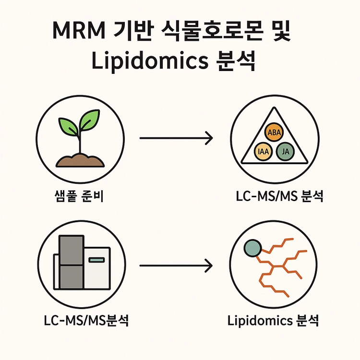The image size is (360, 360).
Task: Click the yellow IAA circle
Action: [x=264, y=152]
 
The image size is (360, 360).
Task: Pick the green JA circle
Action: [x=286, y=152]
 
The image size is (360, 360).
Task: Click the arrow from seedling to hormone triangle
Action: [x=175, y=140]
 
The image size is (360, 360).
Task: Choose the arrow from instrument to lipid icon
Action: [x=175, y=264]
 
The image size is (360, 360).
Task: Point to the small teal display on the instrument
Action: [x=96, y=260]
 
